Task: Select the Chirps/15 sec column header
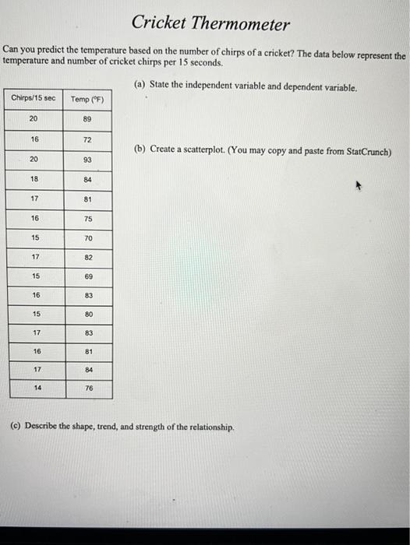coord(34,98)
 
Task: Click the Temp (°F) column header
coord(87,99)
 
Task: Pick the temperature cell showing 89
coord(87,119)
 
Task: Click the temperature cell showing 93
coord(87,160)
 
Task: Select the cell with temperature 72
coord(87,139)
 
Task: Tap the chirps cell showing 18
coord(34,179)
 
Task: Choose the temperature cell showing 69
coord(87,276)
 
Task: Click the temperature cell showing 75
coord(87,219)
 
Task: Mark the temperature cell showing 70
coord(87,237)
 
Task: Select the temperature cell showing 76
coord(88,388)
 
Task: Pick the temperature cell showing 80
coord(88,315)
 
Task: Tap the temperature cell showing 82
coord(88,257)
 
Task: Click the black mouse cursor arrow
coord(359,186)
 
